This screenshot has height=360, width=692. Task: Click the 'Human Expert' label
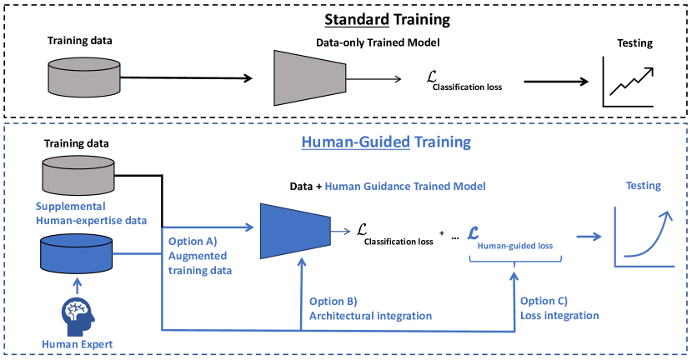point(77,343)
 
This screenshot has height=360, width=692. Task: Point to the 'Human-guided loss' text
point(514,245)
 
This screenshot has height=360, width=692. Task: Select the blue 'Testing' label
point(643,186)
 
